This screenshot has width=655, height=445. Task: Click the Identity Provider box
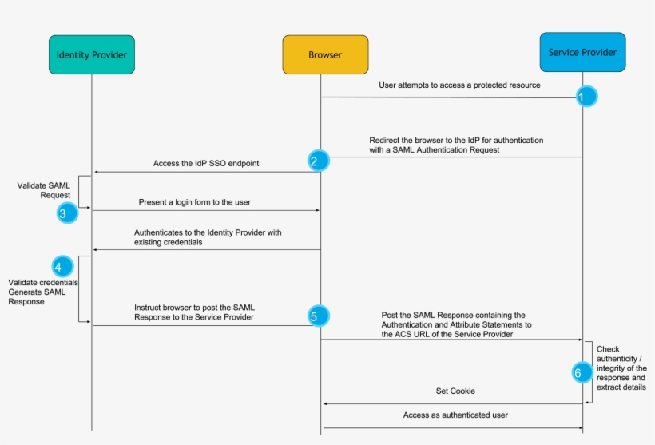[x=91, y=54]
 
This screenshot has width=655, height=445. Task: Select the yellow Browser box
[x=325, y=54]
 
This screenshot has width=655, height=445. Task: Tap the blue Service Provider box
[x=582, y=53]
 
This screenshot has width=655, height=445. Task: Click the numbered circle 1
[x=582, y=97]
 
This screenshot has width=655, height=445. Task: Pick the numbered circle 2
[x=316, y=161]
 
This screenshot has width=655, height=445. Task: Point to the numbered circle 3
[x=64, y=213]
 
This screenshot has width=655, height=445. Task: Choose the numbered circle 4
[x=61, y=266]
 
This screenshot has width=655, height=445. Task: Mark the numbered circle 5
[x=315, y=316]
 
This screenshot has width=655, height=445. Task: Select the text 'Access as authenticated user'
[x=455, y=415]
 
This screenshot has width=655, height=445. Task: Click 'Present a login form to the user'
[x=194, y=202]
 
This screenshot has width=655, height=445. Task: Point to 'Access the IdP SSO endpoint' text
[x=206, y=163]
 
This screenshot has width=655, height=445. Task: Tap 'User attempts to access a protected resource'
[x=459, y=85]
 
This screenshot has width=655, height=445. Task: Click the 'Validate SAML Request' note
[x=44, y=190]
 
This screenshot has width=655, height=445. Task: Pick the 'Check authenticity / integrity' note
[x=621, y=368]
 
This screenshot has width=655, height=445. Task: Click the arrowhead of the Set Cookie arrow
[x=325, y=403]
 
